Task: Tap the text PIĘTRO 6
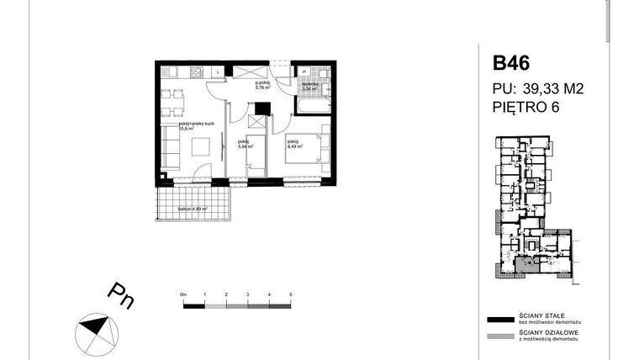[526, 107]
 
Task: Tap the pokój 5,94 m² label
[246, 145]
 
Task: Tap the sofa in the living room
[170, 144]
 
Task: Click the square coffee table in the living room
[203, 146]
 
